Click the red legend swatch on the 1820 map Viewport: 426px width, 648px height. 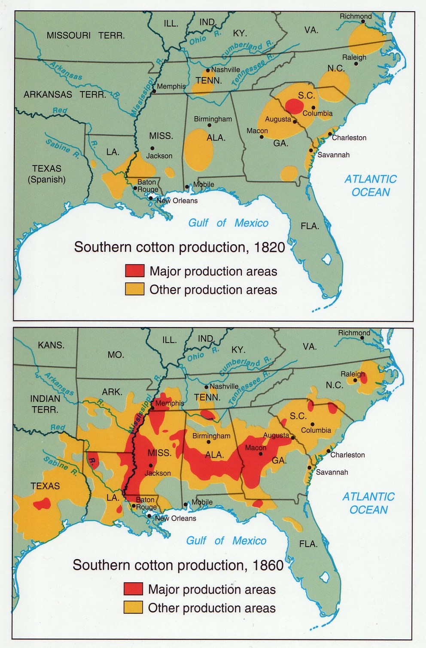pos(134,271)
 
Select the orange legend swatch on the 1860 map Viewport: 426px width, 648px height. pos(133,607)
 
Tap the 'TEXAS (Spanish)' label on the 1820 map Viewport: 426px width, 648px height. pos(47,174)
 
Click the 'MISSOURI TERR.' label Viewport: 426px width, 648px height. pos(85,36)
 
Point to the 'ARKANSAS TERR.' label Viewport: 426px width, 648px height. pos(65,95)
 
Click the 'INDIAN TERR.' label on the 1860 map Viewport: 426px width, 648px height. pos(45,404)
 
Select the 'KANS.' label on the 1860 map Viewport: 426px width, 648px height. pos(51,345)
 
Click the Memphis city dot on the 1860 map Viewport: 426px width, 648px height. pos(152,403)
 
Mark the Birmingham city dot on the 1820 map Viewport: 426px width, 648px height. pos(210,125)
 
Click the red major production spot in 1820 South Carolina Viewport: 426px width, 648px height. pos(294,106)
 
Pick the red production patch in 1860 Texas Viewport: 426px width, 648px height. pos(42,503)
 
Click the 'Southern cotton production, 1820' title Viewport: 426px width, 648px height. pos(180,247)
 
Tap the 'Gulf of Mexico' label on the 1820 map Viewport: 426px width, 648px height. pos(228,223)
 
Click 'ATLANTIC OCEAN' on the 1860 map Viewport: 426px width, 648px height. pos(368,503)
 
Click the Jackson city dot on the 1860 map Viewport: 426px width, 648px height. pos(151,465)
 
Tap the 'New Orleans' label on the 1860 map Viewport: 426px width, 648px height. pos(175,518)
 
